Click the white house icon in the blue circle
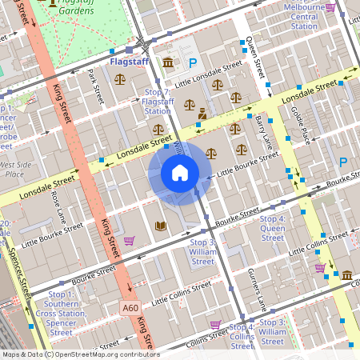(180, 173)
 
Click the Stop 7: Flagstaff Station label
(156, 102)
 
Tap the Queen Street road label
(254, 52)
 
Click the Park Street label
(95, 86)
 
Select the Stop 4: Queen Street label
(272, 228)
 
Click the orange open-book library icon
(160, 226)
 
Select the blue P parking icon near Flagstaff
(191, 62)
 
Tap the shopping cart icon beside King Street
(129, 240)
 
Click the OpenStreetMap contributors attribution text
(80, 354)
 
